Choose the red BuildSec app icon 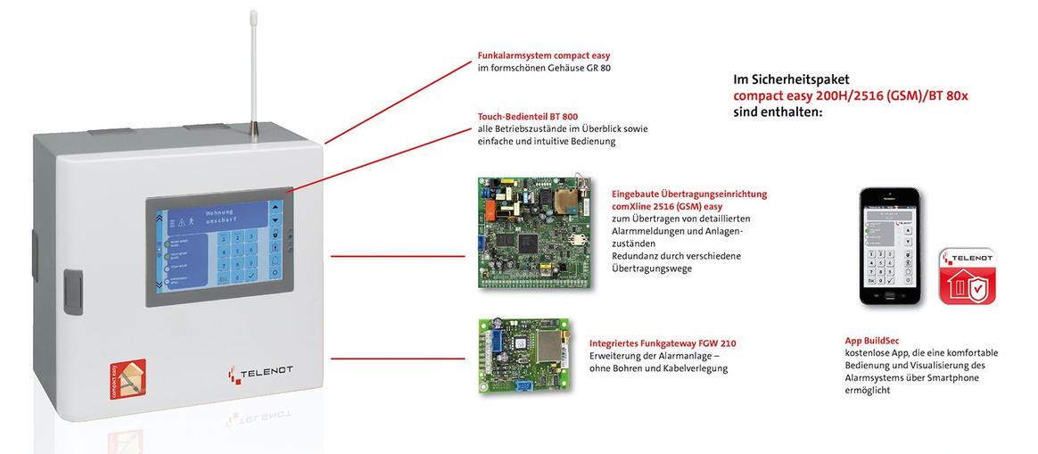coord(968,277)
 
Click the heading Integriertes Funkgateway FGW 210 coord(663,343)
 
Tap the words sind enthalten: coord(777,113)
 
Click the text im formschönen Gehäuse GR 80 coord(544,68)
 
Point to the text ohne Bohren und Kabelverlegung coord(658,368)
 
